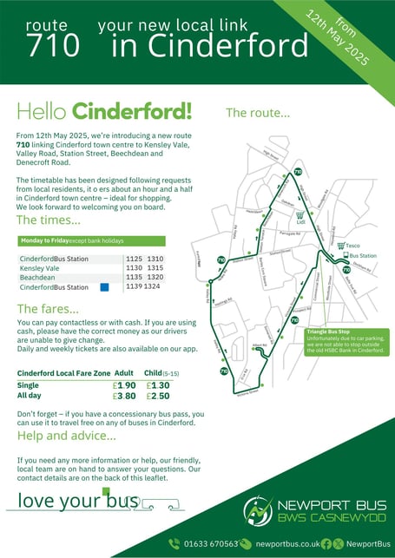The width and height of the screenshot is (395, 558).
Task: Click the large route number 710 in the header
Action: pyautogui.click(x=53, y=44)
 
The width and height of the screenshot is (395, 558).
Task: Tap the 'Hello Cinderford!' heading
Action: pyautogui.click(x=104, y=112)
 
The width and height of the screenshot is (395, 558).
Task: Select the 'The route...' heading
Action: pyautogui.click(x=258, y=113)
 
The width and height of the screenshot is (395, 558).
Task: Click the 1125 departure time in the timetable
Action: pyautogui.click(x=134, y=259)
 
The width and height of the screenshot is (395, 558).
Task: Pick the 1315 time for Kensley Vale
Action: pyautogui.click(x=155, y=268)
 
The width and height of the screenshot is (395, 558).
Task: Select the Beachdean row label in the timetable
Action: pyautogui.click(x=40, y=278)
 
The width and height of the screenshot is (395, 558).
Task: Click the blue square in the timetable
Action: pyautogui.click(x=104, y=287)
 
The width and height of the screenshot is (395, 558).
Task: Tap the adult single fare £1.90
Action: pyautogui.click(x=125, y=385)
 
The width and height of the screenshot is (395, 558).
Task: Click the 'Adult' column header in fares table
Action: pyautogui.click(x=124, y=373)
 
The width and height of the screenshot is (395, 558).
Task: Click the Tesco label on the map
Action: pyautogui.click(x=352, y=246)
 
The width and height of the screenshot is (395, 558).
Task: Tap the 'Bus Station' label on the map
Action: pyautogui.click(x=361, y=257)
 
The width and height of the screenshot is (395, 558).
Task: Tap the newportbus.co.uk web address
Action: pyautogui.click(x=286, y=544)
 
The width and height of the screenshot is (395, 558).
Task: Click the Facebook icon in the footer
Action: pyautogui.click(x=326, y=544)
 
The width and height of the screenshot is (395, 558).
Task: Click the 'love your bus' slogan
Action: pyautogui.click(x=78, y=501)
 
